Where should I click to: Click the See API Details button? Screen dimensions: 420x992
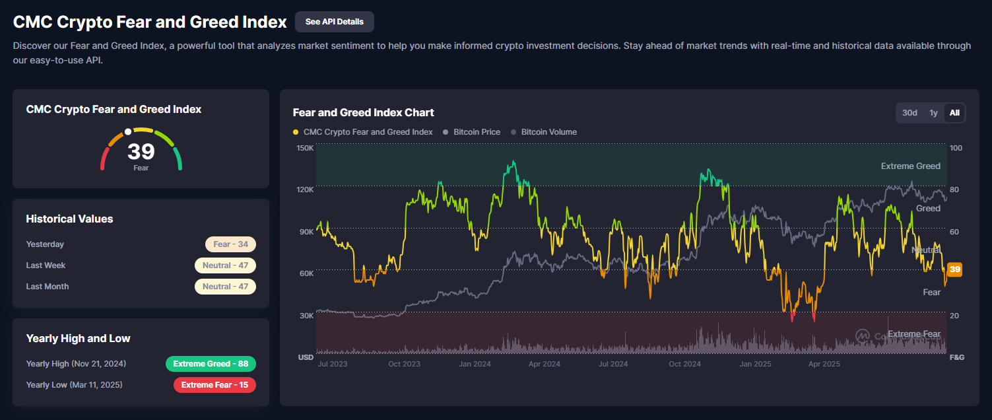(x=334, y=22)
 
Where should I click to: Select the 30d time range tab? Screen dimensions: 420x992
(x=909, y=113)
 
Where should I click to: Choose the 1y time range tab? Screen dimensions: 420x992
(x=933, y=113)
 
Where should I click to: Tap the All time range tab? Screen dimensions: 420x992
(x=954, y=113)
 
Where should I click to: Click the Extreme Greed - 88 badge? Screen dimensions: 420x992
(x=211, y=364)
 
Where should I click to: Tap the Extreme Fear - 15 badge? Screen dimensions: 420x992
(x=215, y=385)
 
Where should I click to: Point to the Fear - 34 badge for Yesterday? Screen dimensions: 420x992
(x=230, y=244)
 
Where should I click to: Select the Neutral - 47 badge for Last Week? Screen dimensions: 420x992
(x=225, y=265)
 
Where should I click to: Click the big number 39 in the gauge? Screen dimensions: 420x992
(x=141, y=152)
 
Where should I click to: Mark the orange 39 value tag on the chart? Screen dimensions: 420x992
(x=954, y=269)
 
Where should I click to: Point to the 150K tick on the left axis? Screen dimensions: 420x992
(x=305, y=148)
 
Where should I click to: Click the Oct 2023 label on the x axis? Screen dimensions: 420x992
(x=403, y=364)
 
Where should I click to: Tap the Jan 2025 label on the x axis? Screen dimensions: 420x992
(x=755, y=364)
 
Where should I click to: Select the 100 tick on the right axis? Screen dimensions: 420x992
(x=956, y=148)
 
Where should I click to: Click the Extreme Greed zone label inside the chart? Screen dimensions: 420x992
(x=910, y=166)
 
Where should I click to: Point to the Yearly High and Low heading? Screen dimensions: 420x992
(x=78, y=339)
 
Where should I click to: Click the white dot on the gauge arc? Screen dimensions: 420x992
(x=128, y=131)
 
